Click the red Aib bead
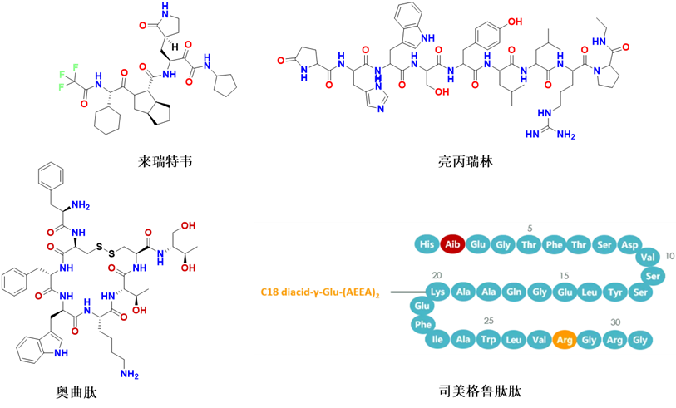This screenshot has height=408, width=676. tap(452, 244)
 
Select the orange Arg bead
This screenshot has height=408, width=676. tap(565, 340)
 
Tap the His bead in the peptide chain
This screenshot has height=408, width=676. tap(427, 244)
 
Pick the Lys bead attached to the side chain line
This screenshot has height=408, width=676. tap(437, 292)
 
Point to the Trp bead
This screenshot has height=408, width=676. tap(488, 340)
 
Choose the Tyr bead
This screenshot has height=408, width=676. tap(615, 292)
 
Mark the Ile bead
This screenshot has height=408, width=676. tap(437, 340)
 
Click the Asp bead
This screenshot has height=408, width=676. tap(630, 244)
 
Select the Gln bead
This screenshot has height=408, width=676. tap(514, 292)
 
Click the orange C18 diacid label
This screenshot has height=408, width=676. tap(320, 292)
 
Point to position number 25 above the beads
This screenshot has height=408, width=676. tap(488, 321)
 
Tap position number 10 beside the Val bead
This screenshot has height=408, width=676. tap(669, 256)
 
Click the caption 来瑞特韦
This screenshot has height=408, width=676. tap(165, 161)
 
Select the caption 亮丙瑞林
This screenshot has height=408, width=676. tap(465, 161)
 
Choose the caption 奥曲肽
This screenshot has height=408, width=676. tap(76, 392)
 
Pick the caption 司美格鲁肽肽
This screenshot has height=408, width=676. tap(480, 391)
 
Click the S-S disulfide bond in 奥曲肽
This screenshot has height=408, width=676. tap(106, 251)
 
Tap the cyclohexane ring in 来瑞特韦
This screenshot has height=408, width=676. tap(107, 120)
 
